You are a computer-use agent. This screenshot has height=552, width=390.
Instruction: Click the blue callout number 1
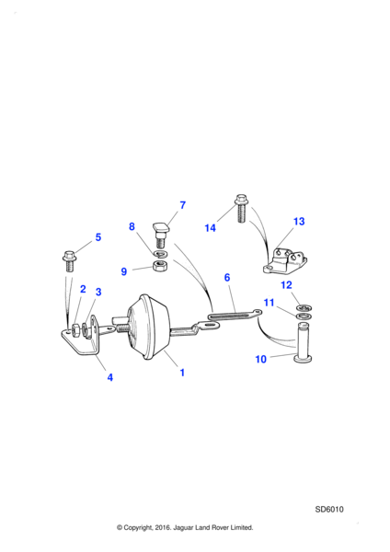coord(182,373)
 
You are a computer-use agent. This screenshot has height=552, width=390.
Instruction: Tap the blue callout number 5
coord(98,237)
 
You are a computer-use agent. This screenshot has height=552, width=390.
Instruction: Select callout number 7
coord(182,205)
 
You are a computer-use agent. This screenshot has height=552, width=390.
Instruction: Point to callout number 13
coord(299,222)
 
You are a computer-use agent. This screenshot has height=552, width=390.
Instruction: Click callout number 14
coord(210,228)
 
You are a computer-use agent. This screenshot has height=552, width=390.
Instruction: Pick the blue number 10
coord(261,359)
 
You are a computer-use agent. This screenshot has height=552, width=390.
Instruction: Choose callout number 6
coord(227,278)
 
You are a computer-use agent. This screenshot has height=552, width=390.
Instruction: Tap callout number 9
coord(124,271)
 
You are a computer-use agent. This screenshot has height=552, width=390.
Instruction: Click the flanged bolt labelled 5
coord(69,261)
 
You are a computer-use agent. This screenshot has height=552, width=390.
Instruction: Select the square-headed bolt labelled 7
coord(160,235)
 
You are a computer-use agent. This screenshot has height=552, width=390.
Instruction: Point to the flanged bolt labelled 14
coord(241,208)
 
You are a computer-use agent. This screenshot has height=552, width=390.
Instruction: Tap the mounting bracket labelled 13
coord(285,262)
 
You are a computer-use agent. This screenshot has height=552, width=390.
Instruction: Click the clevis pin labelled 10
coord(303,342)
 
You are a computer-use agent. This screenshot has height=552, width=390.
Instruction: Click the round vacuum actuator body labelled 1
coord(148,328)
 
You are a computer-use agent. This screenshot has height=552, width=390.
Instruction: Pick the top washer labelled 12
coord(304,308)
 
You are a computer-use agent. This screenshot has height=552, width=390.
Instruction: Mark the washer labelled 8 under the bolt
coord(160,254)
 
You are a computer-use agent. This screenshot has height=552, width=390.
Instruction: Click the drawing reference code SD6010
coord(329,510)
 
